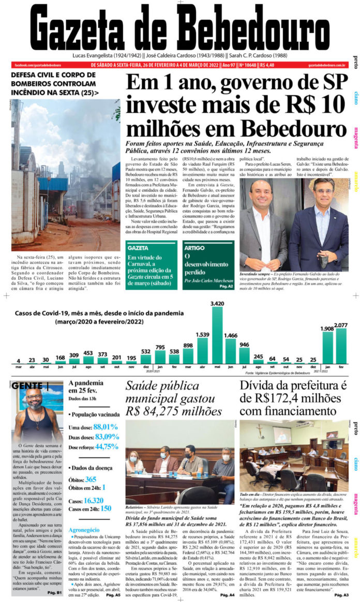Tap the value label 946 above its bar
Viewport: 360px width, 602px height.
(244, 344)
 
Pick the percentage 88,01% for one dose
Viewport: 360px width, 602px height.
(106, 427)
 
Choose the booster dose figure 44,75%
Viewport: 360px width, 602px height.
(107, 446)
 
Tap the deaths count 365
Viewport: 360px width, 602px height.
(91, 479)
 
